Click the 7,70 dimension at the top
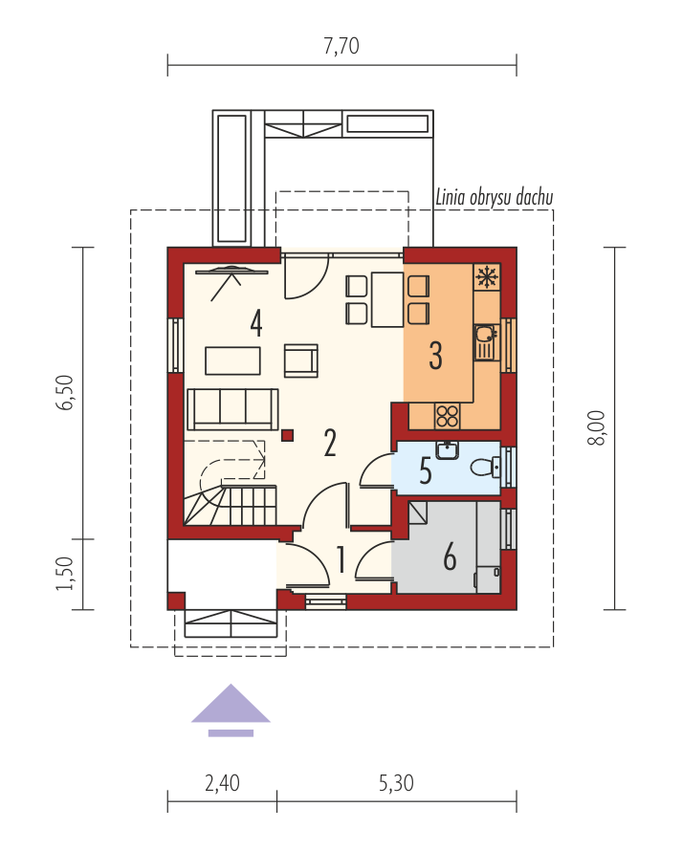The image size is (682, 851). pyautogui.click(x=341, y=46)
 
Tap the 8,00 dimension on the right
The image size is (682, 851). pyautogui.click(x=596, y=427)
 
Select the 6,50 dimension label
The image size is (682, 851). pyautogui.click(x=65, y=392)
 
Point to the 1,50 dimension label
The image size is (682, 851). pyautogui.click(x=65, y=574)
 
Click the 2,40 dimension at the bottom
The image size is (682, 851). pyautogui.click(x=222, y=783)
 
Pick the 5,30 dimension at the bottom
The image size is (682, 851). pyautogui.click(x=396, y=783)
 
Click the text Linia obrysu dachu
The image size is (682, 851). pyautogui.click(x=495, y=197)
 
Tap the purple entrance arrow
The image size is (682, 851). pyautogui.click(x=231, y=709)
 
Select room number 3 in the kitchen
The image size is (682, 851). pyautogui.click(x=435, y=356)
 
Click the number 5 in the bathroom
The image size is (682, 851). pyautogui.click(x=426, y=470)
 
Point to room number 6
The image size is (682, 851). pyautogui.click(x=450, y=556)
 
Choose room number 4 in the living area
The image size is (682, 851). pyautogui.click(x=256, y=323)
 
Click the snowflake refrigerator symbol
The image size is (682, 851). pyautogui.click(x=487, y=277)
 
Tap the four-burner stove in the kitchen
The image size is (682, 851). pyautogui.click(x=447, y=416)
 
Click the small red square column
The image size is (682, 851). pyautogui.click(x=287, y=435)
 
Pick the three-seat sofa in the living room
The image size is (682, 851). pyautogui.click(x=232, y=409)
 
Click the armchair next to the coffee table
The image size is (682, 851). pyautogui.click(x=300, y=360)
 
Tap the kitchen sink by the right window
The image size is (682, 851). pyautogui.click(x=487, y=342)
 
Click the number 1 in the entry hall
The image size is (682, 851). pyautogui.click(x=341, y=560)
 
